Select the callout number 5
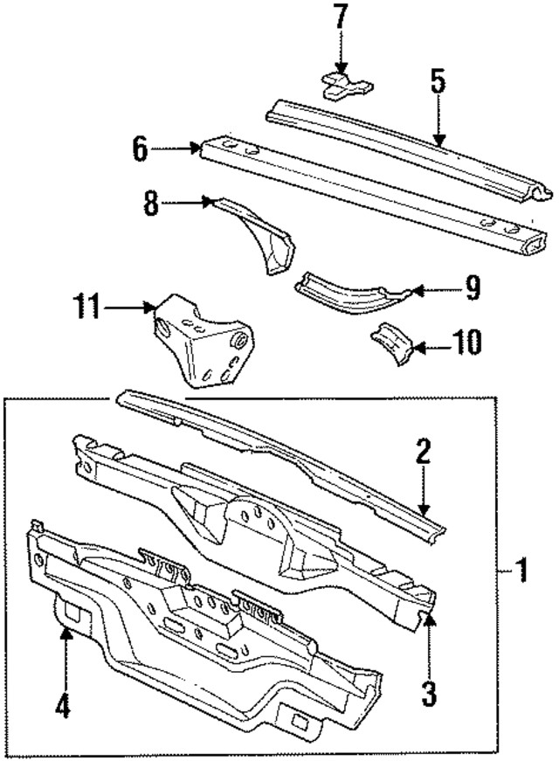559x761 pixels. point(437,83)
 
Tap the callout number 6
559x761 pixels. point(141,149)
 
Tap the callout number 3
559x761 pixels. point(428,695)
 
